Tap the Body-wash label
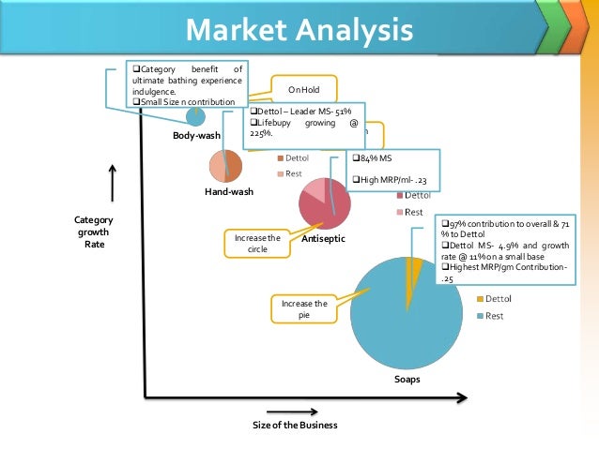[x=196, y=136]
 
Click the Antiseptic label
[x=324, y=240]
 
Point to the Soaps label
[x=407, y=380]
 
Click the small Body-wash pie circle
[x=195, y=117]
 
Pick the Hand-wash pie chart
[x=226, y=166]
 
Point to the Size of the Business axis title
[x=295, y=425]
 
